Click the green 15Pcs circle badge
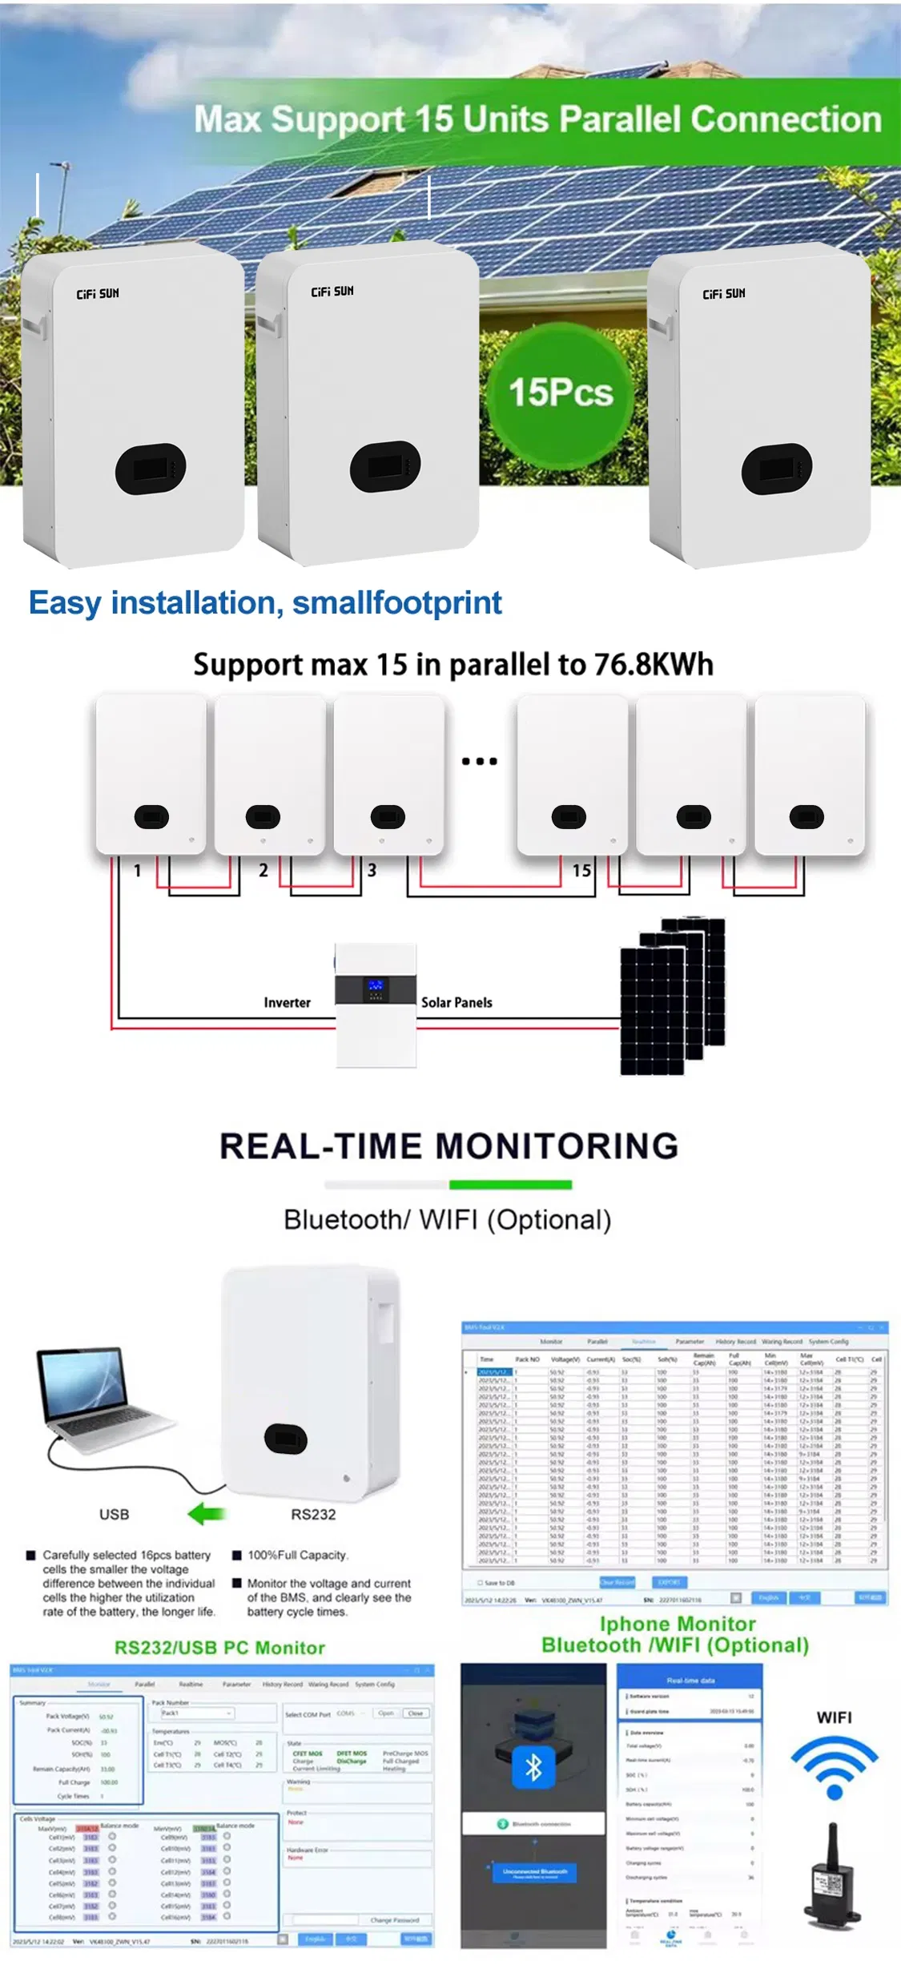[x=561, y=393]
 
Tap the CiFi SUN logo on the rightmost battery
[x=723, y=294]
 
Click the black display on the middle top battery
[x=385, y=467]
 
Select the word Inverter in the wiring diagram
[x=287, y=1002]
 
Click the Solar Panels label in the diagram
[x=457, y=1002]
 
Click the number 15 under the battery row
[x=581, y=870]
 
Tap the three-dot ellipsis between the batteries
[x=479, y=761]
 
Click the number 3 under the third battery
[x=372, y=870]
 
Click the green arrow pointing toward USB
[x=207, y=1514]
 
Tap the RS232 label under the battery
[x=313, y=1514]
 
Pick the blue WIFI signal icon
[x=834, y=1767]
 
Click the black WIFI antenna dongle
[x=833, y=1878]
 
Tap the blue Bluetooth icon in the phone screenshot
[x=533, y=1768]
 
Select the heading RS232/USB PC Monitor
[x=219, y=1648]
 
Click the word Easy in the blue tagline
[x=64, y=603]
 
